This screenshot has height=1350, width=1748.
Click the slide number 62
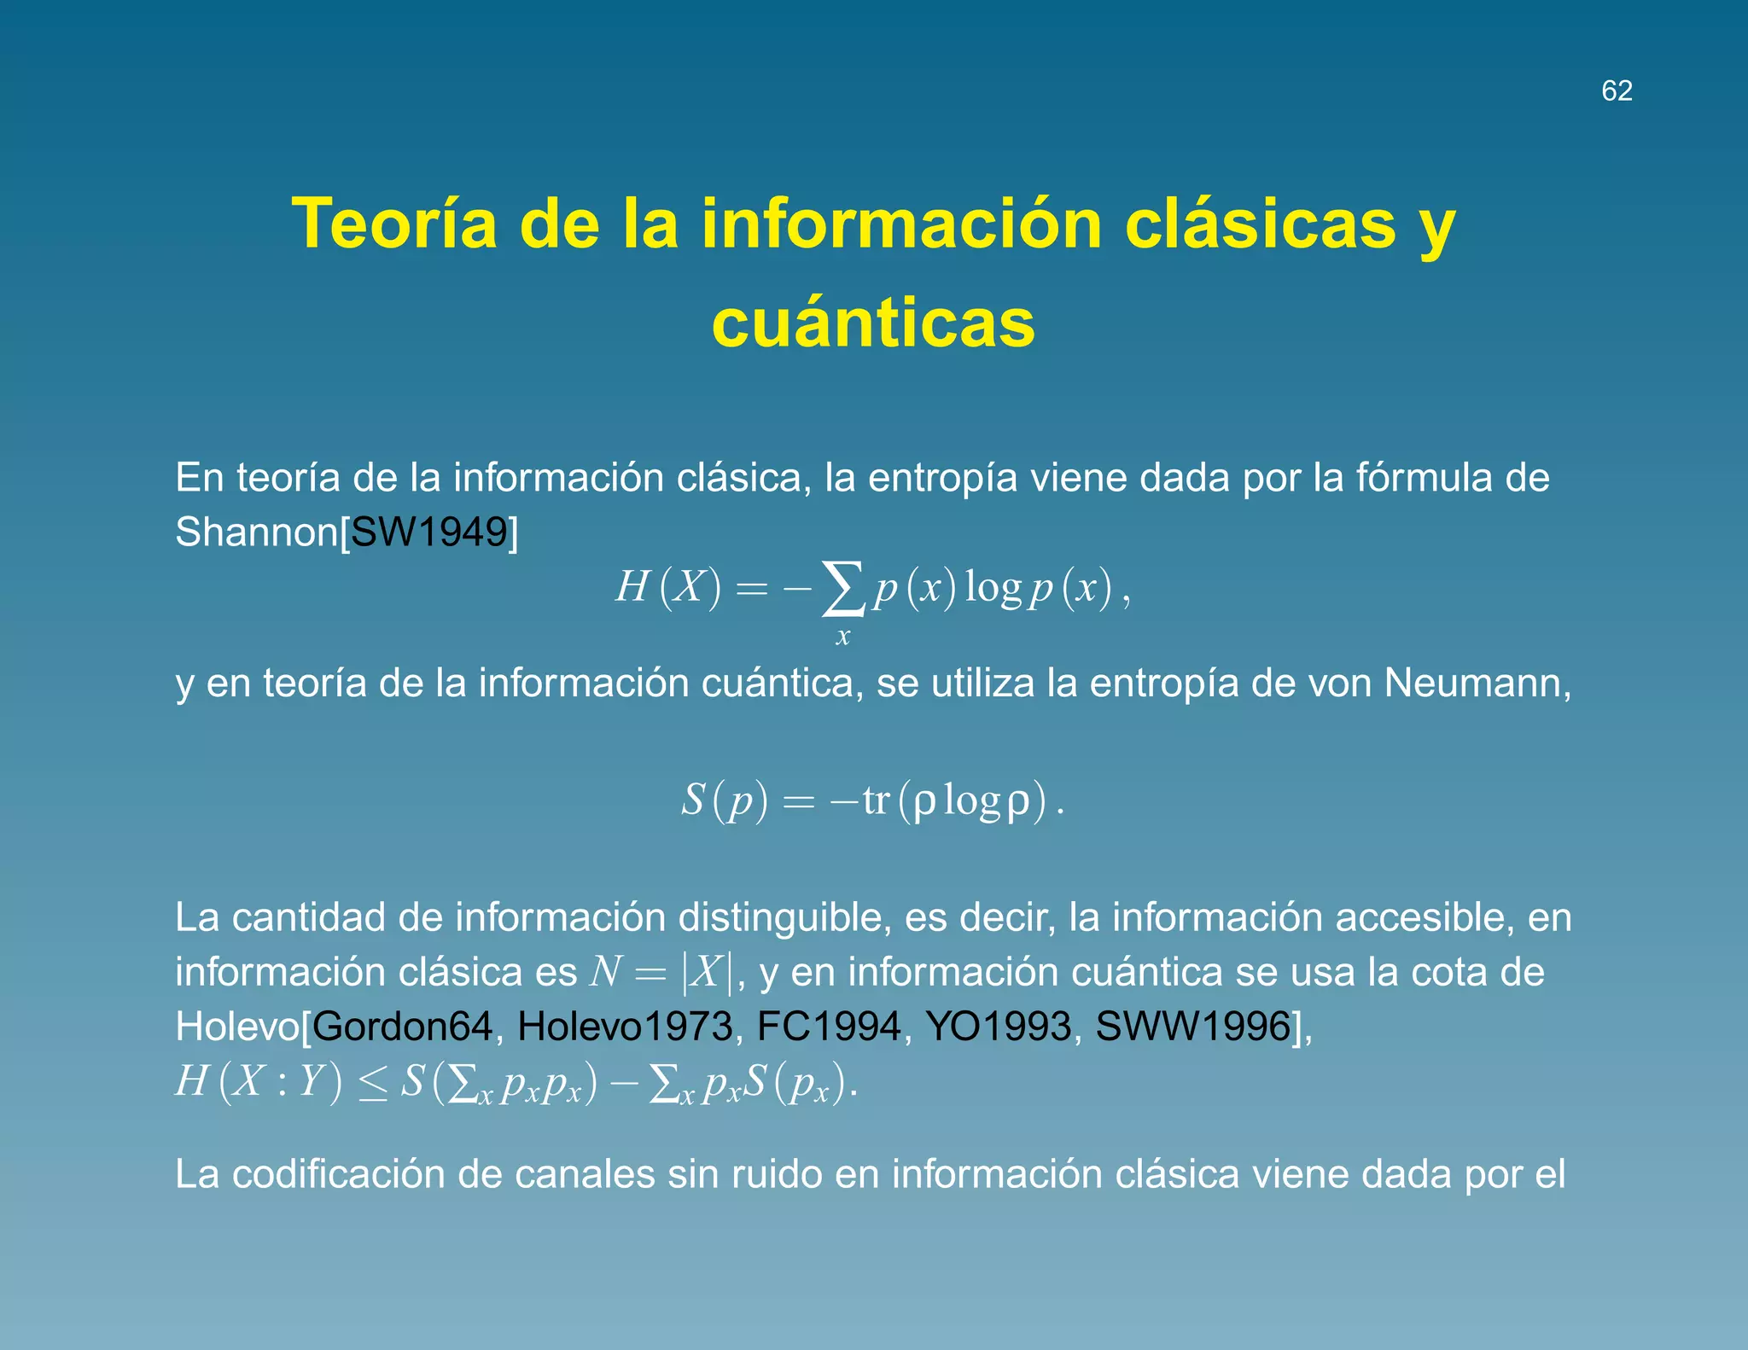click(x=1617, y=90)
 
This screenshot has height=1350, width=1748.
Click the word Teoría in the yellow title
click(x=394, y=224)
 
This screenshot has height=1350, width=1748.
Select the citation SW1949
click(x=429, y=532)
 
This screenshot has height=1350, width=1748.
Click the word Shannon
click(x=257, y=532)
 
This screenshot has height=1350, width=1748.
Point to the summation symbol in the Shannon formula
click(x=842, y=588)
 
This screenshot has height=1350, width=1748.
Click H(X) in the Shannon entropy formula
click(x=668, y=587)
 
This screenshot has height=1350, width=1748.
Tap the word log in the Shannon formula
click(x=993, y=587)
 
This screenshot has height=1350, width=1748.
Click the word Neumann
click(x=1476, y=683)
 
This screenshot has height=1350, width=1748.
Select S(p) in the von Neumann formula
click(x=724, y=800)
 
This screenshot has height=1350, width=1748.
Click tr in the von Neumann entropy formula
click(x=876, y=800)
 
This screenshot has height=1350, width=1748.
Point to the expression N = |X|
click(x=661, y=972)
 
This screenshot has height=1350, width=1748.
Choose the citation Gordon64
click(x=402, y=1026)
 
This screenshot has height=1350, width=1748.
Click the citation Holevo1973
click(x=625, y=1026)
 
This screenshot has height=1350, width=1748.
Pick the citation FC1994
click(x=829, y=1026)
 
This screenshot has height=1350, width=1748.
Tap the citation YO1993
click(x=998, y=1026)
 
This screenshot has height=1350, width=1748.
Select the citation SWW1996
click(x=1192, y=1026)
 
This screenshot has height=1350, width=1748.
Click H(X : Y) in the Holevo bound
click(x=259, y=1082)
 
